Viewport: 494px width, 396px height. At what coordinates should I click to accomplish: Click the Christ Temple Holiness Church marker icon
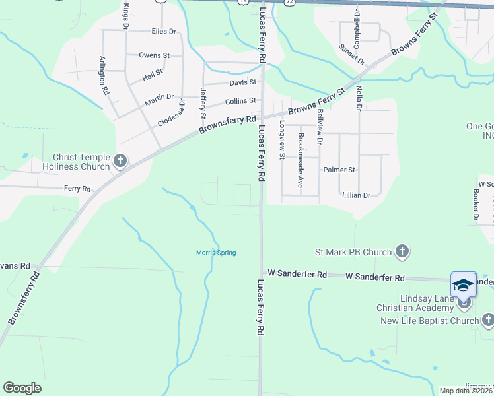point(120,160)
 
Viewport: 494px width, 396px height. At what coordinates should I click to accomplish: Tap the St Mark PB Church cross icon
point(402,251)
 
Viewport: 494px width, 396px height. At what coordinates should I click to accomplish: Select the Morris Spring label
point(216,253)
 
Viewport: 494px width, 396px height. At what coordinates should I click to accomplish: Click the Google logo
point(22,388)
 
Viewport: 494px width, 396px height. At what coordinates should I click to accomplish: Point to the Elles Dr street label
point(164,31)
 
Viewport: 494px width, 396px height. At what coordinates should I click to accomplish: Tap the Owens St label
point(155,55)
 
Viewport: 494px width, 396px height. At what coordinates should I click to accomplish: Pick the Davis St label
point(242,82)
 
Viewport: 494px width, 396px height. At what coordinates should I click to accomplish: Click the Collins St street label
point(240,101)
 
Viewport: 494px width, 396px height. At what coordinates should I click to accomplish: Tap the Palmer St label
point(339,170)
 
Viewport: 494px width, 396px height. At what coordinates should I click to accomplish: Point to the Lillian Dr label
point(356,195)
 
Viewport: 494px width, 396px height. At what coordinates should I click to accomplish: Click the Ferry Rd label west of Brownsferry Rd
point(77,189)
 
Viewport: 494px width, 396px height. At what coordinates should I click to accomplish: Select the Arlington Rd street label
point(103,76)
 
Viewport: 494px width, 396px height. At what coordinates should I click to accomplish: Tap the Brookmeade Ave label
point(300,160)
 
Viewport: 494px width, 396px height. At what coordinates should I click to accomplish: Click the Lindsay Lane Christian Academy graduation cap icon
point(463,285)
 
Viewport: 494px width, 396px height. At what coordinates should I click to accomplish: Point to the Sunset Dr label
point(352,54)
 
